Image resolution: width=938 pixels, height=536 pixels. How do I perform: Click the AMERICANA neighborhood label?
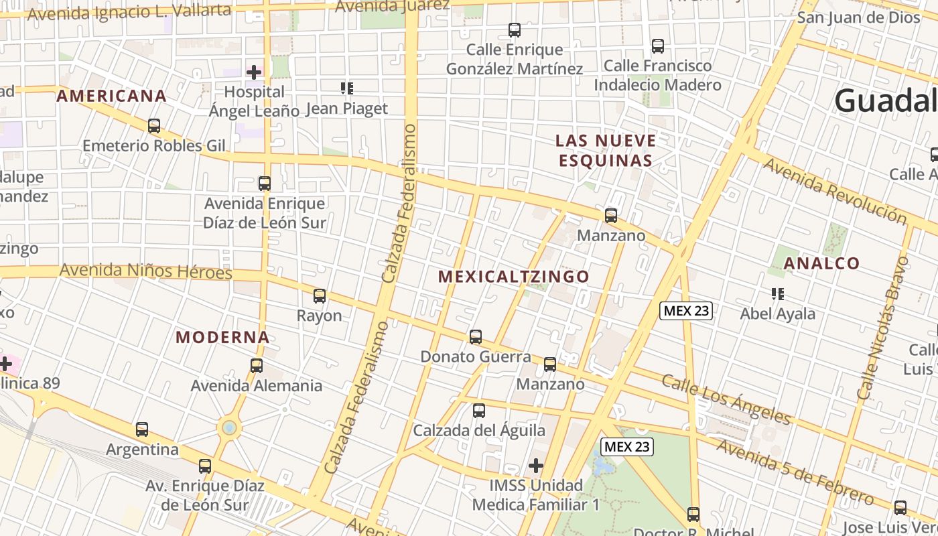[111, 96]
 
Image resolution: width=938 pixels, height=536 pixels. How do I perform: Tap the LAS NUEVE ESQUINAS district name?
[606, 151]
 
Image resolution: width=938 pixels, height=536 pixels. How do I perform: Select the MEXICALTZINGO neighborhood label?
[514, 276]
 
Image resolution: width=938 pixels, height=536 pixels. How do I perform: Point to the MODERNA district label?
[222, 337]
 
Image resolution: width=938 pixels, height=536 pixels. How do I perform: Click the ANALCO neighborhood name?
[821, 263]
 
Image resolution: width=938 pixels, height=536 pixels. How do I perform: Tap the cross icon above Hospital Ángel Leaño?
[255, 72]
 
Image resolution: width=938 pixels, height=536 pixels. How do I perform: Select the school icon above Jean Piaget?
[346, 88]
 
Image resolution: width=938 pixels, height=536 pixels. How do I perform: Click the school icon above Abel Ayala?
[778, 293]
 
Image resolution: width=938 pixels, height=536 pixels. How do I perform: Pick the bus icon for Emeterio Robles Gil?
[154, 126]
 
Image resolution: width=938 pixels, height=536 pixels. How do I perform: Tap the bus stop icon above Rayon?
[320, 296]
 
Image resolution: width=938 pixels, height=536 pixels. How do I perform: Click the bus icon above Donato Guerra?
[476, 337]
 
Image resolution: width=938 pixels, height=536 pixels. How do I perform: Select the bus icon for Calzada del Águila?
[479, 411]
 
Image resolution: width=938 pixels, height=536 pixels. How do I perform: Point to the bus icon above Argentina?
[142, 429]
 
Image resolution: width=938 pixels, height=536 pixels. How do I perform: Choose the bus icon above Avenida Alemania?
[257, 366]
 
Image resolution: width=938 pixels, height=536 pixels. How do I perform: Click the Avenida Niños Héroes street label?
[145, 271]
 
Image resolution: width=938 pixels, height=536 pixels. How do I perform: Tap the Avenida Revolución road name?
[835, 191]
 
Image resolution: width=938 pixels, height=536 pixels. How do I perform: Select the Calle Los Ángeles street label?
[726, 399]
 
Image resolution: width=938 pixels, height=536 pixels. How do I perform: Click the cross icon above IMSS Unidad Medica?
[536, 465]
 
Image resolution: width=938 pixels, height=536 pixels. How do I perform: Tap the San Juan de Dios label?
[858, 17]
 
